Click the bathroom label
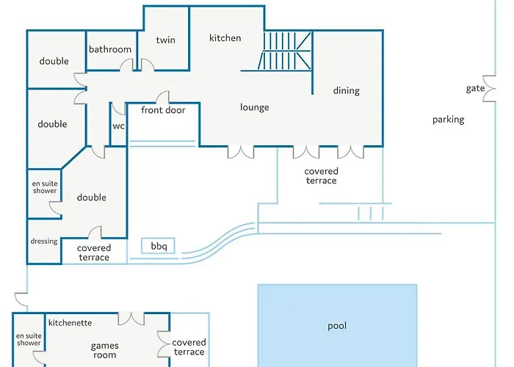click(110, 50)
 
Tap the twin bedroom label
click(166, 40)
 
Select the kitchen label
click(225, 38)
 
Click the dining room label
click(347, 91)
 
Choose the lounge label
click(255, 107)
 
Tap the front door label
click(163, 111)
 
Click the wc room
click(118, 126)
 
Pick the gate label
click(476, 89)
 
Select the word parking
click(448, 120)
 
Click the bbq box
click(159, 247)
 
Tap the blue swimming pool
click(337, 326)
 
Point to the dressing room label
click(44, 241)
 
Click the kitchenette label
click(70, 323)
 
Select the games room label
click(104, 350)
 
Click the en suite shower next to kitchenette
click(29, 340)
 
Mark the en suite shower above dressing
click(44, 187)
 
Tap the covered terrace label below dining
click(322, 176)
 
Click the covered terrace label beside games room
click(189, 347)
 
